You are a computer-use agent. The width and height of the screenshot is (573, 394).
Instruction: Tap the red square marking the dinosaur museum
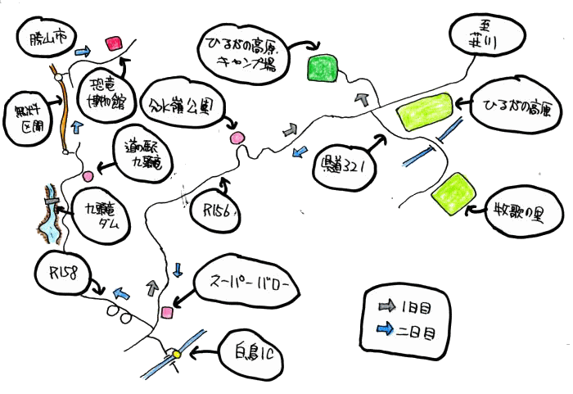pos(114,42)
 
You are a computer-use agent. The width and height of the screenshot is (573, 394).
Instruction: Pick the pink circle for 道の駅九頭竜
pos(88,175)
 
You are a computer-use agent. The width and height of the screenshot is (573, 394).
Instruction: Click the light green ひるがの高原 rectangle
pos(424,111)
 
